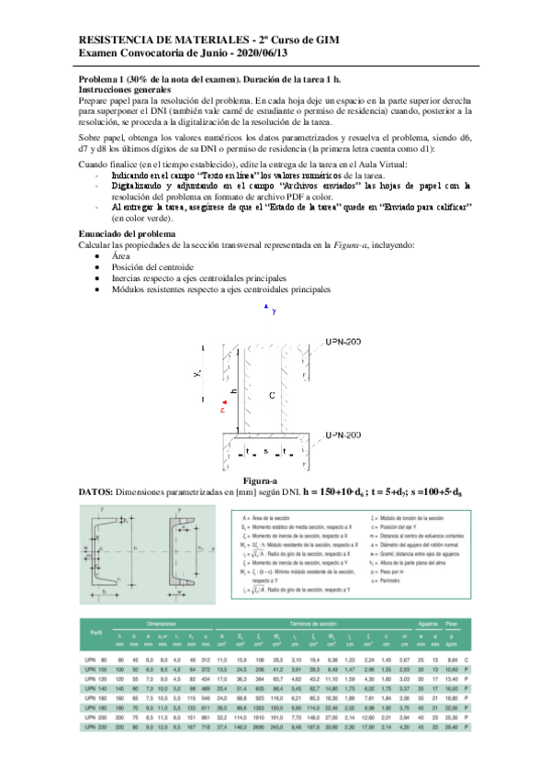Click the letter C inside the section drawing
272,395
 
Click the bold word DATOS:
98,493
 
